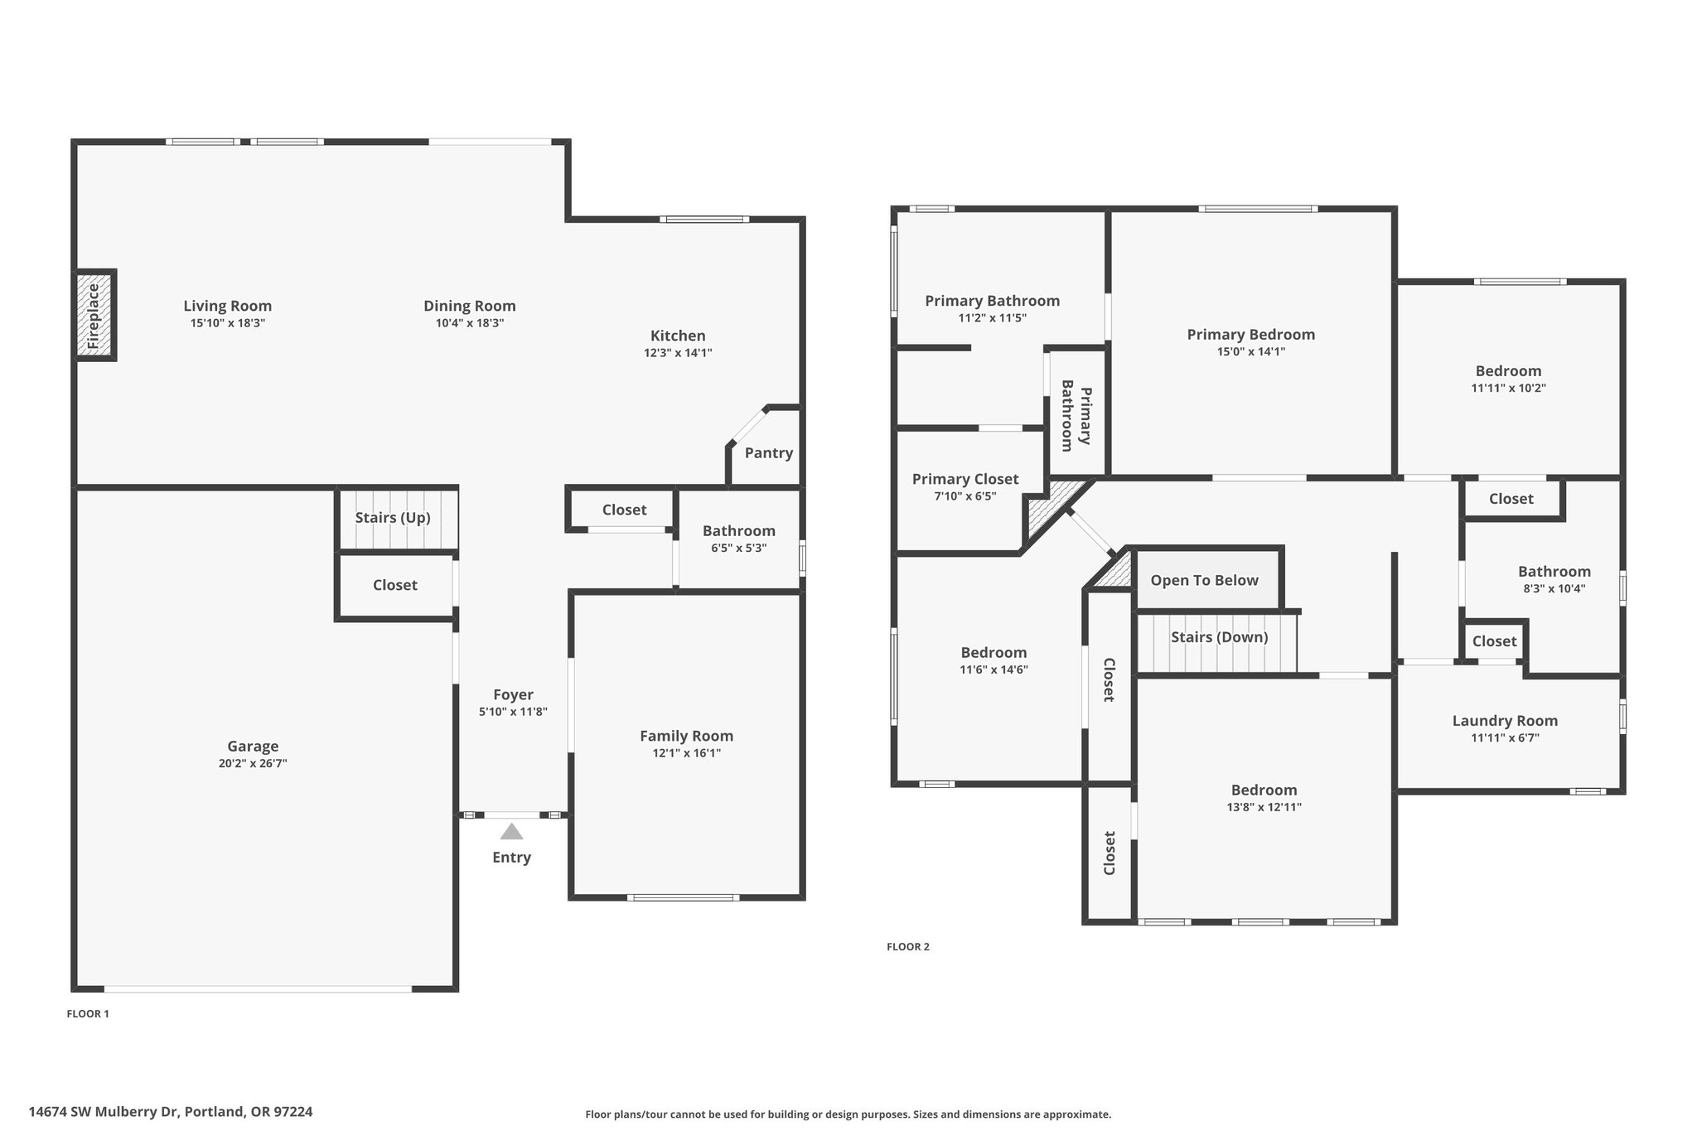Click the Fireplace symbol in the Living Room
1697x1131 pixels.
point(94,315)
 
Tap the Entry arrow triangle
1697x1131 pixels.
point(511,831)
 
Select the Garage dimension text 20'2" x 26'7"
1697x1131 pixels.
point(253,763)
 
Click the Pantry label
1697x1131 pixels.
point(768,453)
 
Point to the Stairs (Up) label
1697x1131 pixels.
point(393,518)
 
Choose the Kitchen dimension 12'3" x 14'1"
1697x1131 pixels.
point(678,353)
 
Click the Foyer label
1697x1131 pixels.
point(513,694)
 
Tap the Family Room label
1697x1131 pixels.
point(686,736)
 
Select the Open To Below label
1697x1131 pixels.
point(1204,581)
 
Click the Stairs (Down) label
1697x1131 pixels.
point(1219,637)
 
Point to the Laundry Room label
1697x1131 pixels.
point(1505,721)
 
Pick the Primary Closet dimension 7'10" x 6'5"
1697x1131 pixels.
point(965,496)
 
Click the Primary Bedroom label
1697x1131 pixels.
point(1250,335)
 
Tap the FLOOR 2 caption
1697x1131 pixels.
point(908,946)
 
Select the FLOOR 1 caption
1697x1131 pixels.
point(88,1013)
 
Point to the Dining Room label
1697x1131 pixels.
point(470,306)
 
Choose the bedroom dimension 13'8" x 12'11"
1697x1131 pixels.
point(1264,807)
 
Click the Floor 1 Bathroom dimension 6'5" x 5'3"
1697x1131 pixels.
point(738,548)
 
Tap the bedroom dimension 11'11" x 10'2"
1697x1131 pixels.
point(1508,388)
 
